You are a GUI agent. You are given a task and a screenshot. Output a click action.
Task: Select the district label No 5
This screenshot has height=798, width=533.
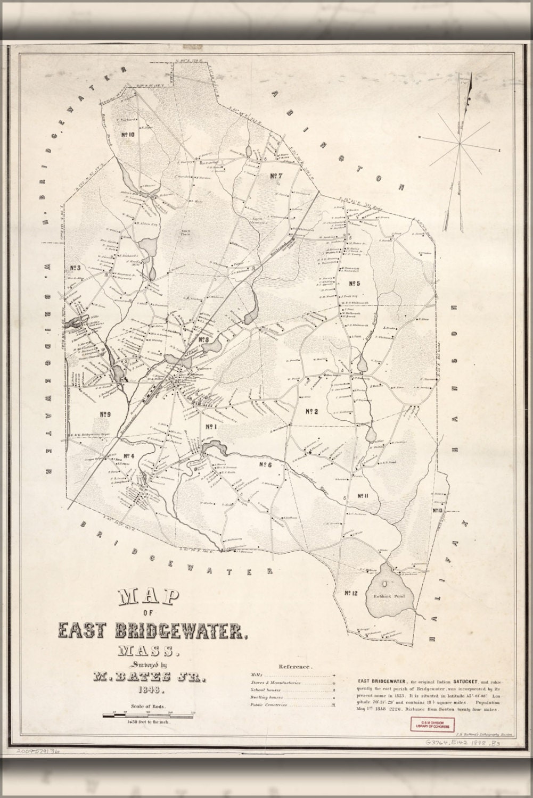tap(354, 283)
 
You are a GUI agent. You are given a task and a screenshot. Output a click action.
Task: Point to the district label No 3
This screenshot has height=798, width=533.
tap(74, 268)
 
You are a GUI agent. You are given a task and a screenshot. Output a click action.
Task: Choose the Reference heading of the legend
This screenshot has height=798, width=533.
tap(295, 666)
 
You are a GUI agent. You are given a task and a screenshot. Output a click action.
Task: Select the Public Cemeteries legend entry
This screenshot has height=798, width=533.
tap(268, 705)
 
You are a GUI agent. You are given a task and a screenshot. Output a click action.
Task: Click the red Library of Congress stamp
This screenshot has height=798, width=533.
tap(429, 723)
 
